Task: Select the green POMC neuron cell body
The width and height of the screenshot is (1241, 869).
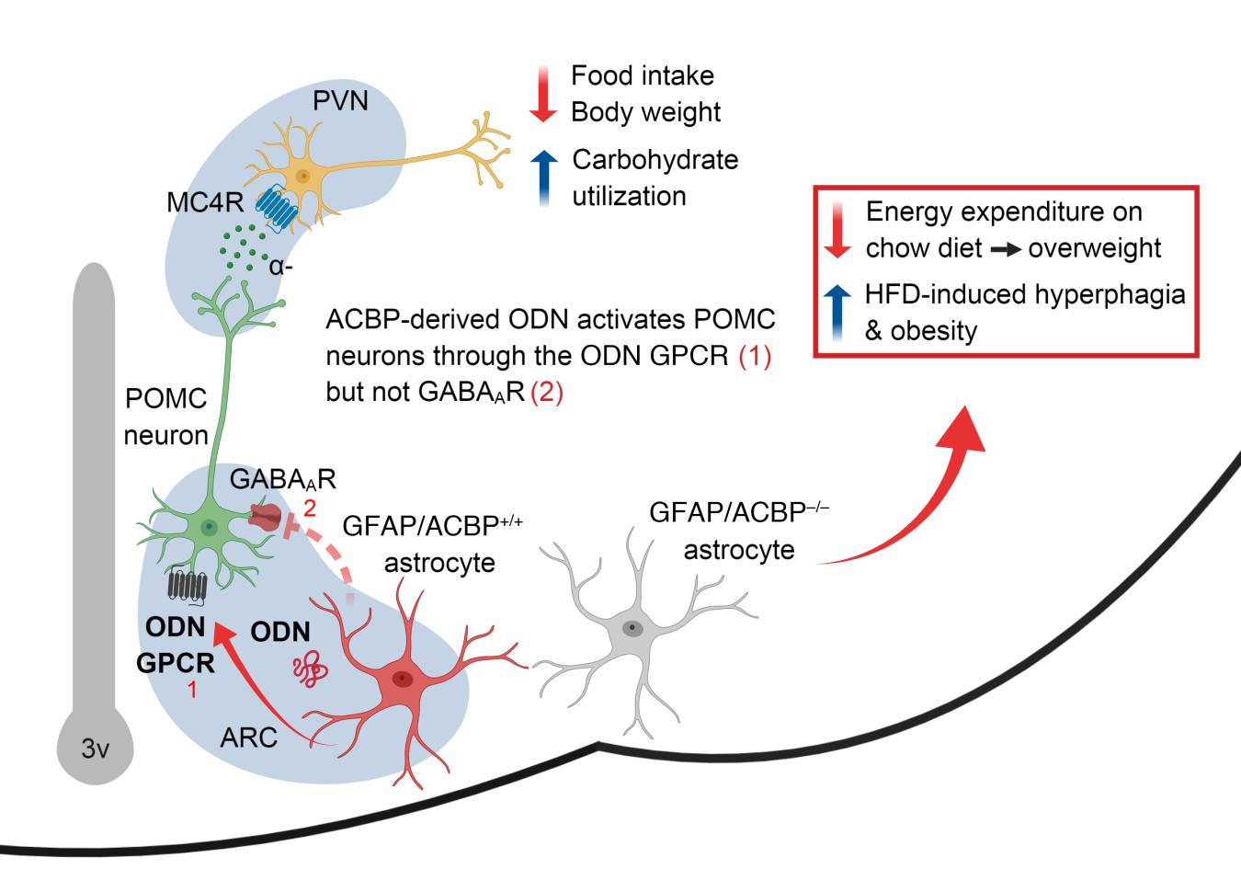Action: pos(211,527)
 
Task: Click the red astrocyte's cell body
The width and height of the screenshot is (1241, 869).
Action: pos(402,679)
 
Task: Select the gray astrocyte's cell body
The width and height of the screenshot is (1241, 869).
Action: pos(633,628)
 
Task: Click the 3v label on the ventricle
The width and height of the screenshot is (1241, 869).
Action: pos(96,749)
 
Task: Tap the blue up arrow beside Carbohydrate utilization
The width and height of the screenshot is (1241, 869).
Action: pos(543,177)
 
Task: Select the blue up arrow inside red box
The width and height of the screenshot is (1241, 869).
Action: pos(837,313)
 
